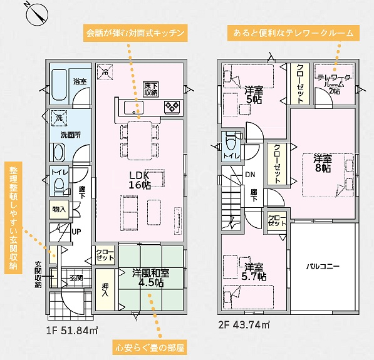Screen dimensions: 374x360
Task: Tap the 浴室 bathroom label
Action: click(80, 81)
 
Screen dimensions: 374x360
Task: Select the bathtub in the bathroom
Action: click(59, 85)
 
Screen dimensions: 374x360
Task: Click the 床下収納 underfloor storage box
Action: click(151, 90)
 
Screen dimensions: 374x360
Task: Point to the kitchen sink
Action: click(133, 108)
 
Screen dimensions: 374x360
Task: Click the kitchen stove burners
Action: click(172, 106)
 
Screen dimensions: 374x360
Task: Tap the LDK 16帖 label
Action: click(140, 180)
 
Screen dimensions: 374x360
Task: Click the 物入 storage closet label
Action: click(59, 209)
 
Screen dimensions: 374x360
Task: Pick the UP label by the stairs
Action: click(76, 232)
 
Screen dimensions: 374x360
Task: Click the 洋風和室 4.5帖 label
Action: click(151, 278)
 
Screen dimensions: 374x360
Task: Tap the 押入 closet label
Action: click(105, 289)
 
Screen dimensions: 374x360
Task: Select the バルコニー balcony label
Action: click(323, 266)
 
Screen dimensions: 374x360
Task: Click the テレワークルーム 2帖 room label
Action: click(334, 84)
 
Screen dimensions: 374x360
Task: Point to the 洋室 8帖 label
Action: click(323, 163)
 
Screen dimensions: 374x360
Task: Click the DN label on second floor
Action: click(250, 175)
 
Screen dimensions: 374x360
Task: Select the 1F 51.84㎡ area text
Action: click(72, 331)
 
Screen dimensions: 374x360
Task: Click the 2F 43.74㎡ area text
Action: click(244, 325)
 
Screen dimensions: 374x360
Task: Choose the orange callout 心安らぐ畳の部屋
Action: click(150, 348)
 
